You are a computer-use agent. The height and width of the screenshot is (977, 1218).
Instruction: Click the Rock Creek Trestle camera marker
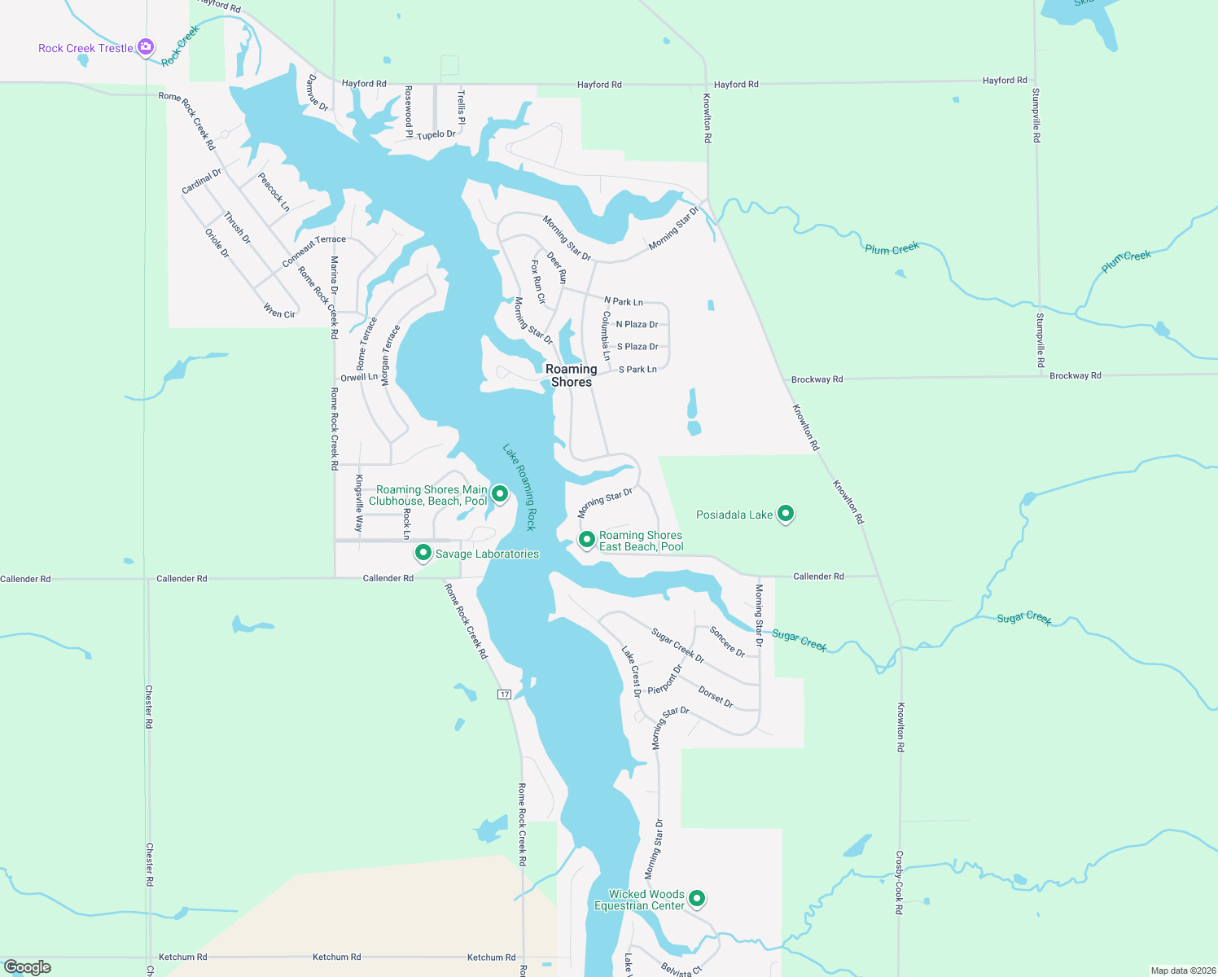click(x=146, y=47)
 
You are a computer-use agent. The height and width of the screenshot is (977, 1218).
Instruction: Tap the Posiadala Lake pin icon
click(x=786, y=514)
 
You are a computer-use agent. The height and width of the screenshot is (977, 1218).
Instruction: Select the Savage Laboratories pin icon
click(x=423, y=553)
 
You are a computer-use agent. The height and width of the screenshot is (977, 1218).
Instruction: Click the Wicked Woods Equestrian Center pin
click(x=697, y=898)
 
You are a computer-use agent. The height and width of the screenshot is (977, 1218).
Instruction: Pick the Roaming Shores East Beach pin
click(x=586, y=539)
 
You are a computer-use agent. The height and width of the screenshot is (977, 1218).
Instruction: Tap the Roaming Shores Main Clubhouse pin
click(x=500, y=493)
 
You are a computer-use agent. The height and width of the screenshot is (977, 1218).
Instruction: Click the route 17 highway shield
click(x=505, y=694)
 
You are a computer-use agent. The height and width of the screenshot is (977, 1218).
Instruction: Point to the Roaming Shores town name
click(x=571, y=375)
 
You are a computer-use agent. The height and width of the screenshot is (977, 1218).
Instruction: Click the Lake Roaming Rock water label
click(x=519, y=488)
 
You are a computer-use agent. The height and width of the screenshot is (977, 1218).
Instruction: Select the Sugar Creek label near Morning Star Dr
click(x=800, y=641)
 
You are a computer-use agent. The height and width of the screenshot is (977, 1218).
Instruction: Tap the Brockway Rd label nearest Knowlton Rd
click(x=817, y=379)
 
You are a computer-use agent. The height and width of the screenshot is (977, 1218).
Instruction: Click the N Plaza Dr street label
click(x=637, y=324)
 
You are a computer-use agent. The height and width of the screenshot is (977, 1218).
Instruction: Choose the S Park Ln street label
click(x=637, y=370)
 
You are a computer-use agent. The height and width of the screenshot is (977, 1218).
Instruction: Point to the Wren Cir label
click(x=279, y=311)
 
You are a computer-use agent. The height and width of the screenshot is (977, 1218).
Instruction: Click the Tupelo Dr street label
click(x=436, y=134)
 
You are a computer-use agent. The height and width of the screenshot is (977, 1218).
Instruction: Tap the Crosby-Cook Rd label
click(x=900, y=883)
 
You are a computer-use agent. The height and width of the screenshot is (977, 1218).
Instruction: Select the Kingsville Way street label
click(x=359, y=502)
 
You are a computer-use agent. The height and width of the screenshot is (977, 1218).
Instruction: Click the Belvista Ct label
click(x=681, y=969)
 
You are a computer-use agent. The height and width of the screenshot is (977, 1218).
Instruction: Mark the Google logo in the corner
click(x=28, y=967)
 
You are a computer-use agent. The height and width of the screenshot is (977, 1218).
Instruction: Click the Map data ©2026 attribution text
click(x=1183, y=970)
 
